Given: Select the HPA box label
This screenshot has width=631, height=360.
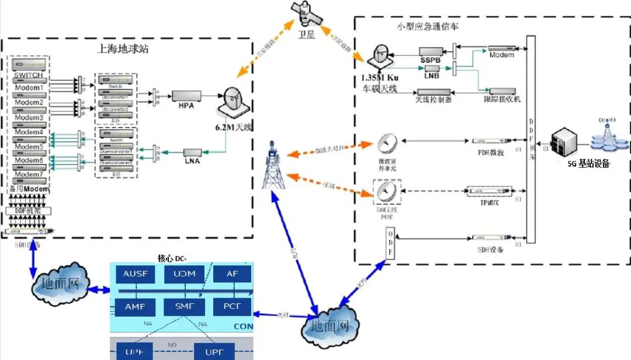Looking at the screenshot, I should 186,106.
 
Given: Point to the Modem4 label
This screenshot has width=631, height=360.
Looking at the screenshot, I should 29,132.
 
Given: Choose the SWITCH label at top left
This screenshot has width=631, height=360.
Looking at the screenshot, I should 29,75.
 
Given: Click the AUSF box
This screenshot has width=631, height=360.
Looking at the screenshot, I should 136,274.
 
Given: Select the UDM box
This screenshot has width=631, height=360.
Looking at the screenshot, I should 184,274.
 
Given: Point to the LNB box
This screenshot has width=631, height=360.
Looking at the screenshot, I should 432,70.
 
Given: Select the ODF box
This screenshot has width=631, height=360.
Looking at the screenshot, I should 391,243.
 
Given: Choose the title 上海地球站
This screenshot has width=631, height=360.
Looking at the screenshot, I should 123,49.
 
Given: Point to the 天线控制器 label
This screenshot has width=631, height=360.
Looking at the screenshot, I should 433,100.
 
